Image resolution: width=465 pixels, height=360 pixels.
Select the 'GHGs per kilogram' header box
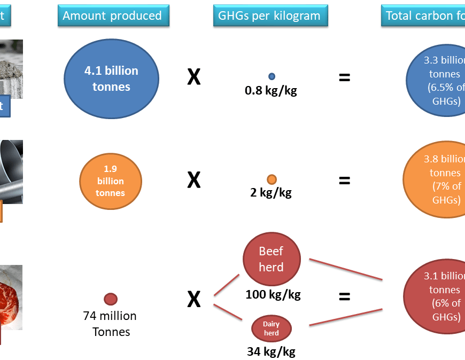[270, 15]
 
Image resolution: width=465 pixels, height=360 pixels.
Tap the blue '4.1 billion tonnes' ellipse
[111, 79]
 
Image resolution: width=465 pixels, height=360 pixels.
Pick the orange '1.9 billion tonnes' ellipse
[110, 181]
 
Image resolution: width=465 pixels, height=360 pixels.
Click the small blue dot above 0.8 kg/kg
[272, 76]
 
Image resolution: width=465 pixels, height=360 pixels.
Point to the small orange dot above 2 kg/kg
[272, 179]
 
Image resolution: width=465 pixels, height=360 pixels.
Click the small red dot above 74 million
[110, 299]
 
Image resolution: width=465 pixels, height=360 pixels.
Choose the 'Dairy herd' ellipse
[272, 328]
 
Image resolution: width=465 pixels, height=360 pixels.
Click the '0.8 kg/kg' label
[270, 91]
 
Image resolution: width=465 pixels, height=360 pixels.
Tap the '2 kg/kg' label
[271, 193]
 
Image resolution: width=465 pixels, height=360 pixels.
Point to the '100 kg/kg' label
[273, 294]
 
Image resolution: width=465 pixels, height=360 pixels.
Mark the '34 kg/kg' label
[271, 351]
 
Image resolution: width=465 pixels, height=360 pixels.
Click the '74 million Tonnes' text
[111, 324]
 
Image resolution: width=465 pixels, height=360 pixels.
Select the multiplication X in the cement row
[193, 78]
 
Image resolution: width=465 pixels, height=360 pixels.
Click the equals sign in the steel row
[344, 181]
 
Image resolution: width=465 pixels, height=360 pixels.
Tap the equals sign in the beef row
[344, 296]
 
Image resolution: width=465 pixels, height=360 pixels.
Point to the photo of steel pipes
[11, 171]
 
